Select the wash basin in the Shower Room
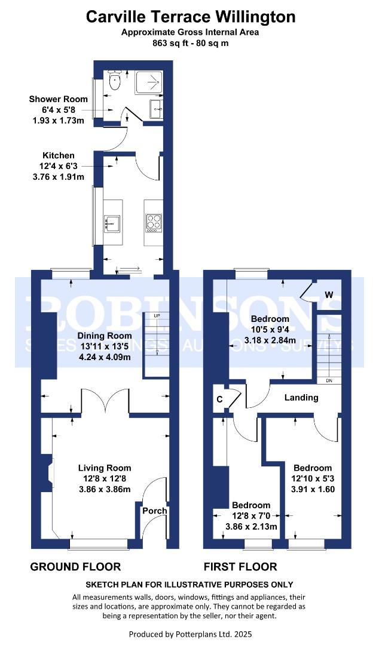(x=155, y=109)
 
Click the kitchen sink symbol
(x=112, y=223)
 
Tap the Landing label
(x=301, y=397)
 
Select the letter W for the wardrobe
(x=329, y=294)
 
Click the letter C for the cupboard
(x=220, y=400)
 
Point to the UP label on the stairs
(x=157, y=315)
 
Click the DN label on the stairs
(x=329, y=380)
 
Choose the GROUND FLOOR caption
(x=75, y=567)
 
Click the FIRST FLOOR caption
(x=240, y=567)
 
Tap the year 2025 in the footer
(x=240, y=633)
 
